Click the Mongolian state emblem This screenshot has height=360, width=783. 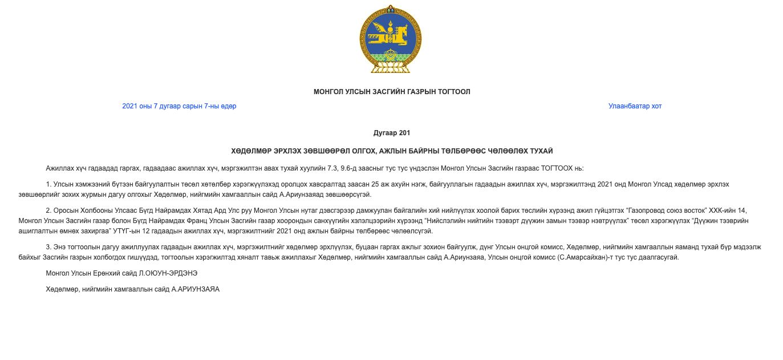(391, 39)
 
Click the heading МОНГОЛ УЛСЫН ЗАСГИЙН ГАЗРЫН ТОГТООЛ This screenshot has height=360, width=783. (392, 92)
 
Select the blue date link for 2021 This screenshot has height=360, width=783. (179, 106)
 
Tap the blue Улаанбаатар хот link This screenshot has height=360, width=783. (635, 106)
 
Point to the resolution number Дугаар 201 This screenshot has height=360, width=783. (392, 133)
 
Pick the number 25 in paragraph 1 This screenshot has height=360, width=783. (375, 184)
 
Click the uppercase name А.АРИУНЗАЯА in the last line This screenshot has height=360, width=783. (196, 289)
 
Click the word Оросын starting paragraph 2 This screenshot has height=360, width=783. (64, 211)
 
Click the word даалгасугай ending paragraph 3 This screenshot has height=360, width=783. (659, 257)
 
